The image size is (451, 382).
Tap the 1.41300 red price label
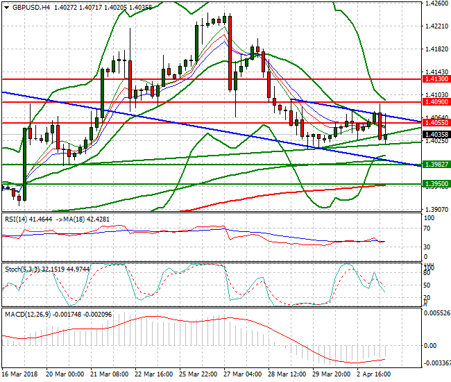pos(436,80)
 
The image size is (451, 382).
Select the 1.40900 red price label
pos(436,102)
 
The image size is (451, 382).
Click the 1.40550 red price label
pos(436,123)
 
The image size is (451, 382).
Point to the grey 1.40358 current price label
pos(436,134)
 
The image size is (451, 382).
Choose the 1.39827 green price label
pos(436,164)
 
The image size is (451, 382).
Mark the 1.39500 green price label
pos(436,183)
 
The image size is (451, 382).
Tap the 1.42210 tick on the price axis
pos(435,26)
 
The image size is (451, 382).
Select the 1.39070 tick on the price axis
pos(435,209)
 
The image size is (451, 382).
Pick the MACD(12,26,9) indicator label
pos(26,314)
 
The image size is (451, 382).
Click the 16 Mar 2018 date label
pos(20,372)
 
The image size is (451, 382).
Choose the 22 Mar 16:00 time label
pos(154,372)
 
